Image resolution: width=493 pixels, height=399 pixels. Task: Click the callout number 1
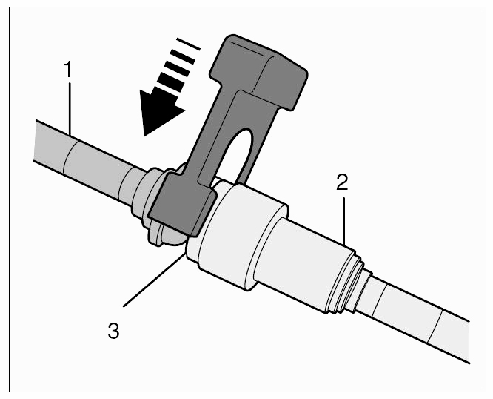point(68,69)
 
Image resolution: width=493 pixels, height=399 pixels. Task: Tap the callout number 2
point(342,182)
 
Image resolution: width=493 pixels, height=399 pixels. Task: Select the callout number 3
point(113,331)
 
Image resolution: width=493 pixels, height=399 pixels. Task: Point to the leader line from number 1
point(70,109)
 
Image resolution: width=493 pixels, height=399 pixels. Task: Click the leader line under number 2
point(344,221)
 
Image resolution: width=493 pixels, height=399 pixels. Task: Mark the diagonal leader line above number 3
point(153,280)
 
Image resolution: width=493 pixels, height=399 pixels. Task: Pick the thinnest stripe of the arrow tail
point(188,44)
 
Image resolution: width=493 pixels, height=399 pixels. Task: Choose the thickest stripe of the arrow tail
point(170,82)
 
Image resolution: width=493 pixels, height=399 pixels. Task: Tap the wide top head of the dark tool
point(258,73)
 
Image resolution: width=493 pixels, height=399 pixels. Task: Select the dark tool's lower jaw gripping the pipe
point(182,205)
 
